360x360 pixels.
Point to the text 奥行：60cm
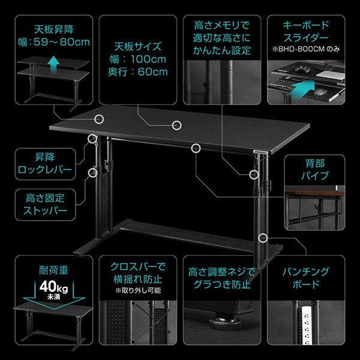click(x=133, y=72)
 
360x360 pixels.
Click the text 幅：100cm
click(x=133, y=59)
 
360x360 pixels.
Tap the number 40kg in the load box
click(x=51, y=286)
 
